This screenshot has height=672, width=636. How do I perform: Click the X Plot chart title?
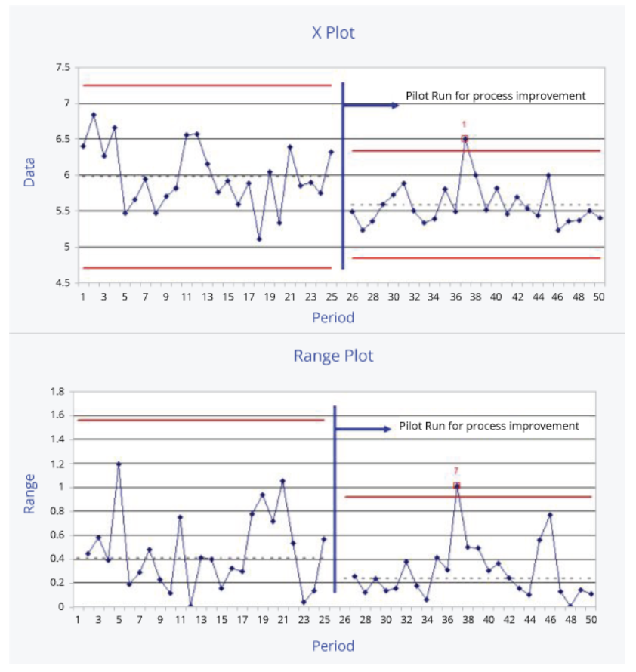[333, 32]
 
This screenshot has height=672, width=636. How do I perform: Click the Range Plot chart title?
[333, 356]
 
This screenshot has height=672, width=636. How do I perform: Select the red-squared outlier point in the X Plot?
[465, 139]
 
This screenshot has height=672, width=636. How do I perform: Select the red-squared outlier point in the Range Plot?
[456, 486]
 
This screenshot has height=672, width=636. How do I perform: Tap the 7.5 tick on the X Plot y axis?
[63, 68]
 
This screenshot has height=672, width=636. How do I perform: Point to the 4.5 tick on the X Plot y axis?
[63, 283]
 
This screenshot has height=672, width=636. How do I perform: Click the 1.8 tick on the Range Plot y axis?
[57, 391]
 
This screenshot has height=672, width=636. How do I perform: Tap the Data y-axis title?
[29, 171]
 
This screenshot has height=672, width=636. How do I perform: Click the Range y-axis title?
[29, 494]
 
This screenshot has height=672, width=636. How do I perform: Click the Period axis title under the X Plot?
[333, 318]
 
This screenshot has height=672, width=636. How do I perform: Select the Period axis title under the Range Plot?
[333, 646]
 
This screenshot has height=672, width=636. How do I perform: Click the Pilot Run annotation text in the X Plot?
[496, 96]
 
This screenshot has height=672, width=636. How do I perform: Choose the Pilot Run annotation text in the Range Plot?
[489, 426]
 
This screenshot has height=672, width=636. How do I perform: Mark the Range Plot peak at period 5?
[119, 464]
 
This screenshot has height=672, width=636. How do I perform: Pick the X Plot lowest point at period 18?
[259, 239]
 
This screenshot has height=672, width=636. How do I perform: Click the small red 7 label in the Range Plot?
[456, 470]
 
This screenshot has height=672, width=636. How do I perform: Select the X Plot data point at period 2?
[94, 115]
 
